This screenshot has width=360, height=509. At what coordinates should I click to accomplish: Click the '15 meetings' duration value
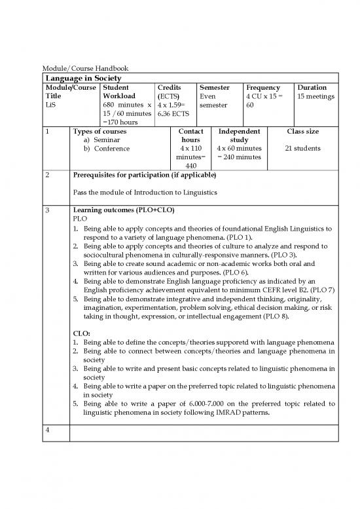[315, 96]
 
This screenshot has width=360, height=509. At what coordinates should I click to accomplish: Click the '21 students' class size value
[302, 149]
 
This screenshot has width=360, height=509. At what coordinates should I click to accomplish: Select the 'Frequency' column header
[262, 87]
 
